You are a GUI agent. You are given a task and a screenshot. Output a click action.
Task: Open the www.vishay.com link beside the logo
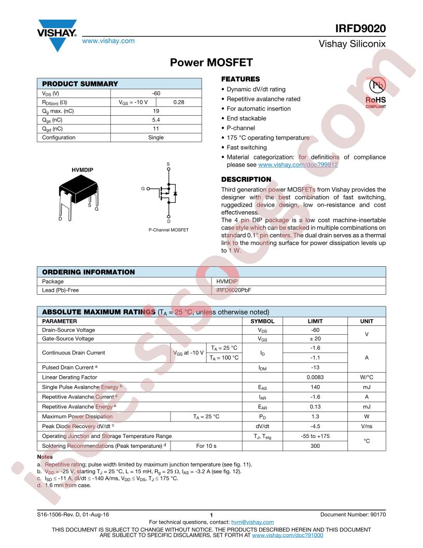[x=109, y=40]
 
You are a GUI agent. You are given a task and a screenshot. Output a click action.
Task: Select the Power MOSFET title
[x=212, y=63]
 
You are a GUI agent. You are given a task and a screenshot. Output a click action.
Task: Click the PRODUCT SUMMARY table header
[x=80, y=84]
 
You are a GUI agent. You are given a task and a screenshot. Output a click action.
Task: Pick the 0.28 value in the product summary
[x=179, y=102]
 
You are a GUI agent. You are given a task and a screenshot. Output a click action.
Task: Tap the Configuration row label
[x=59, y=138]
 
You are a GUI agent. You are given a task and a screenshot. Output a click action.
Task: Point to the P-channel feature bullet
[x=242, y=128]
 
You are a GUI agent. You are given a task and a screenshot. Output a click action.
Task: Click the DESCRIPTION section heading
[x=246, y=180]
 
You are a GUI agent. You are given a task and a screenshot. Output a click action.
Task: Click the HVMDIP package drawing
[x=79, y=195]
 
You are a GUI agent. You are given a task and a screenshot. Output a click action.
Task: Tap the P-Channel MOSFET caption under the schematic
[x=168, y=229]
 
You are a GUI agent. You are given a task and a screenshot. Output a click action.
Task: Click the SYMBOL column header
[x=263, y=321]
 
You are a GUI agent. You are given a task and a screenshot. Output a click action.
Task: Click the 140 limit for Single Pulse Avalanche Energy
[x=315, y=387]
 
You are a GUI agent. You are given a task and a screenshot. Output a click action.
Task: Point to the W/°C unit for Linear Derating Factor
[x=366, y=377]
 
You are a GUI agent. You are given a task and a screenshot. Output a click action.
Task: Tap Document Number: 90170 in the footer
[x=353, y=514]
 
